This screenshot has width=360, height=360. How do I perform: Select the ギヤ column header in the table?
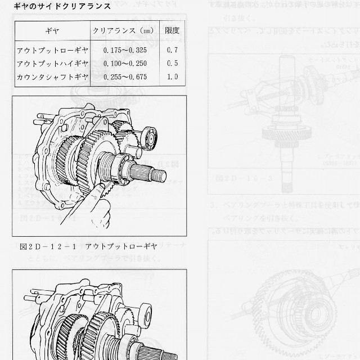[52, 30]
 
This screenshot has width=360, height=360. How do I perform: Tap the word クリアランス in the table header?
[115, 30]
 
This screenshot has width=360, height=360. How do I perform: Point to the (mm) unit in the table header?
[147, 30]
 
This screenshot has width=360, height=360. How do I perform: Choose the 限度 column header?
[172, 30]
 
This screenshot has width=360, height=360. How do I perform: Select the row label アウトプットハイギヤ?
[52, 64]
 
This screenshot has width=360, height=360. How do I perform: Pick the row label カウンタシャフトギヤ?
[52, 76]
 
